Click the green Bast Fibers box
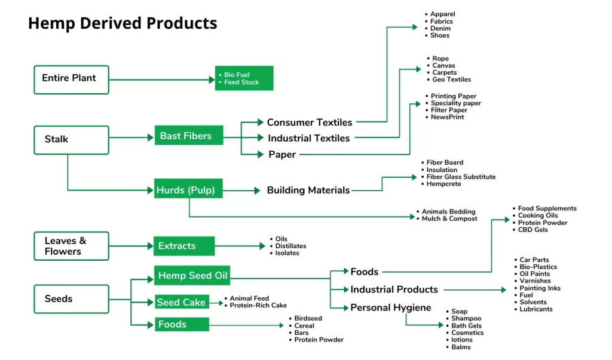189,135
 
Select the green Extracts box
184,246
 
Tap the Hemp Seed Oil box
192,276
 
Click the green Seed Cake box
182,302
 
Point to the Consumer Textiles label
310,122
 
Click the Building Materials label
308,190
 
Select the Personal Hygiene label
391,308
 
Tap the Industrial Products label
394,289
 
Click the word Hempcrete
444,184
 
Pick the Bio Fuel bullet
237,75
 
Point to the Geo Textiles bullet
452,80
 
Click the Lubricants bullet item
536,309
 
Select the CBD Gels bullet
533,230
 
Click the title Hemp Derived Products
123,23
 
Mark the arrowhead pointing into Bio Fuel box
212,80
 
